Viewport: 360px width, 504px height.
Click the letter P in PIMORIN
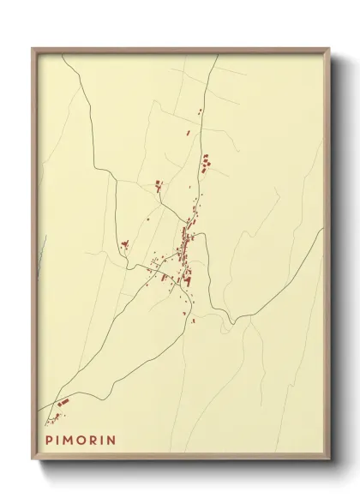pyautogui.click(x=50, y=440)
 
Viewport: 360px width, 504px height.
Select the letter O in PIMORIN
pyautogui.click(x=84, y=440)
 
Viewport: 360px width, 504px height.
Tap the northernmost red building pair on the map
pyautogui.click(x=200, y=111)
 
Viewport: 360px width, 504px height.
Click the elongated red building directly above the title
pyautogui.click(x=62, y=403)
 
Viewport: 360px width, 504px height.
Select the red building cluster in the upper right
pyautogui.click(x=205, y=162)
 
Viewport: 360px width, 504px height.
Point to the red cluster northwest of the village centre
pyautogui.click(x=158, y=183)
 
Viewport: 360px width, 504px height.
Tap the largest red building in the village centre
pyautogui.click(x=188, y=279)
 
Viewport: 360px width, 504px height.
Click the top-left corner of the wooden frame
pyautogui.click(x=33, y=49)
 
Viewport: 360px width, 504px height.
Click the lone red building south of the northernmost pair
pyautogui.click(x=189, y=133)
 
